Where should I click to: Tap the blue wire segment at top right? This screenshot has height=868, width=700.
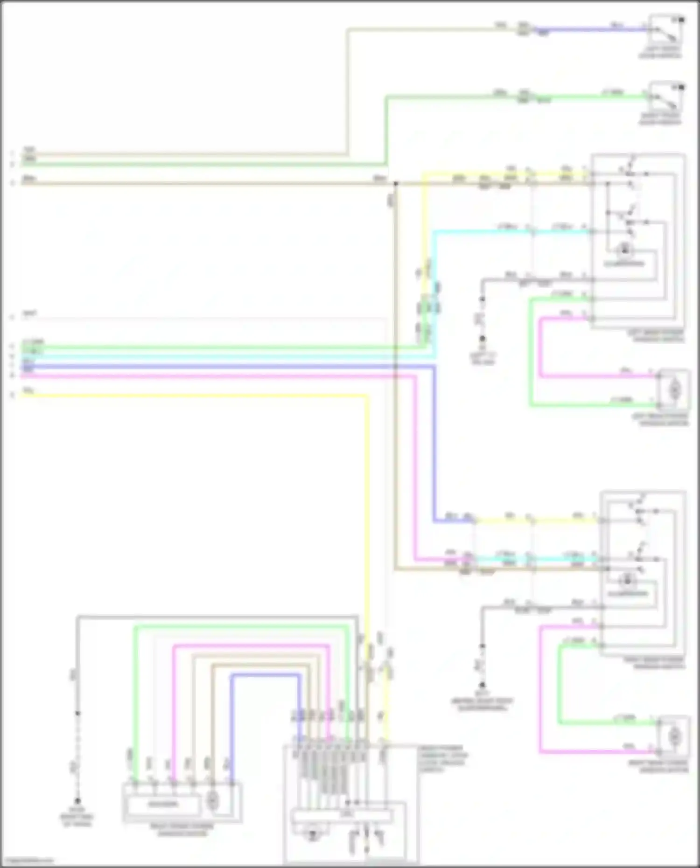tap(593, 30)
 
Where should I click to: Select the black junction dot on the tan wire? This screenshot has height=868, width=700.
tap(395, 184)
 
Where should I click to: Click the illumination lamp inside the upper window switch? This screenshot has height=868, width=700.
tap(624, 251)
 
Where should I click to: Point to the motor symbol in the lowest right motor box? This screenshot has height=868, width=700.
tap(674, 736)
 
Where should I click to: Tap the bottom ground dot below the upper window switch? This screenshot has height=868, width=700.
tap(483, 338)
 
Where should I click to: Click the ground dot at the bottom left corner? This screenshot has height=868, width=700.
tap(77, 800)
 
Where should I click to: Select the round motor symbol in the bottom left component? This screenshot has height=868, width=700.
tap(212, 801)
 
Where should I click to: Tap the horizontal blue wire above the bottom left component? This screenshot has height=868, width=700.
tap(266, 675)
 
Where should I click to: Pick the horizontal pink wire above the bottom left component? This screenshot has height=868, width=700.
tap(252, 646)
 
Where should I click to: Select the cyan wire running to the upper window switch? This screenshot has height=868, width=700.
tap(481, 231)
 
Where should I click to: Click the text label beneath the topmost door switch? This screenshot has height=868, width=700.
tap(660, 52)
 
